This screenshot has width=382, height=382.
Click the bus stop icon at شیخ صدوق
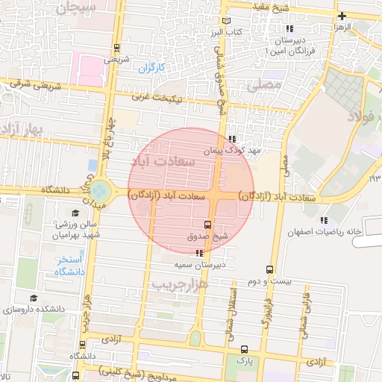[x=207, y=225]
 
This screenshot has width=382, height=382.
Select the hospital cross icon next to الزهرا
[x=342, y=16]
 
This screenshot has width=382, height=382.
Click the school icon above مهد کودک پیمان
[x=233, y=139]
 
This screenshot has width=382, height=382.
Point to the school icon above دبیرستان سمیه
[x=198, y=254]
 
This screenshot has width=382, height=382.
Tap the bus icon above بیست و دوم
[x=269, y=270]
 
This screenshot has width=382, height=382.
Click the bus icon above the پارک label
[x=244, y=349]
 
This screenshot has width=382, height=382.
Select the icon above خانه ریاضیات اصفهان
[x=323, y=219]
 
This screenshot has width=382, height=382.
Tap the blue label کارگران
[x=150, y=69]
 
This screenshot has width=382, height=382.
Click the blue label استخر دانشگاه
[x=69, y=266]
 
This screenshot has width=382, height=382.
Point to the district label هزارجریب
[x=178, y=285]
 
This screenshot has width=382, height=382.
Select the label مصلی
[x=269, y=86]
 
